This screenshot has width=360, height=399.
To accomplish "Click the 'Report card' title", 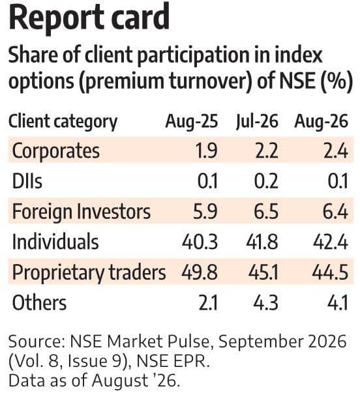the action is point(89,18).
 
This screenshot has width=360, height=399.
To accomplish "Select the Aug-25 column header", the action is point(192,122).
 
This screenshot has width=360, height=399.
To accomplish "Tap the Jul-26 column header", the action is point(257,121).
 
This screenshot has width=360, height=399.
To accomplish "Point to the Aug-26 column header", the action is point(322,121).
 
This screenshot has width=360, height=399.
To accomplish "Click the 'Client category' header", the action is point(63,122).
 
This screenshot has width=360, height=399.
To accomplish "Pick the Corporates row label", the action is point(55,151).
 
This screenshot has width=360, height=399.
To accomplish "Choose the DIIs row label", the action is point(27,181).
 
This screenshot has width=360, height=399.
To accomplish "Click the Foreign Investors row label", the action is point(82,212).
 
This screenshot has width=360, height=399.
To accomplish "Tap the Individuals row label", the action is point(55,241).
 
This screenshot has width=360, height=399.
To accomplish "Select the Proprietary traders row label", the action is point(89,273).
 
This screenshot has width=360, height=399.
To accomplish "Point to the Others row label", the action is point(39,303).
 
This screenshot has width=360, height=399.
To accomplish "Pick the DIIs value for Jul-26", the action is point(266,181).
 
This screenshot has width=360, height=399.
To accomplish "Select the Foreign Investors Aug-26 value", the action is point(336,212).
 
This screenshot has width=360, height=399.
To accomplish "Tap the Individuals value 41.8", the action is point(262,242).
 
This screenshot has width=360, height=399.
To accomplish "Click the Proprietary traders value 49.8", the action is point(200,272).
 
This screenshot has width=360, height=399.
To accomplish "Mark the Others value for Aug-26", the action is point(338,303).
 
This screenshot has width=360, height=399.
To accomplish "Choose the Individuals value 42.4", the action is point(331,242).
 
